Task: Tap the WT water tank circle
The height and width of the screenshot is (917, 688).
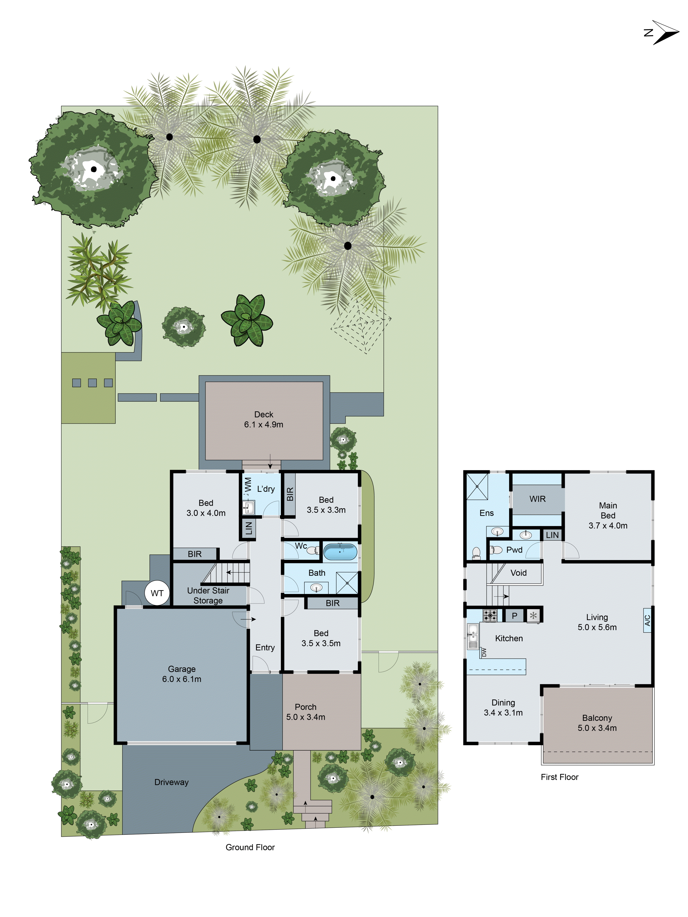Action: point(157,593)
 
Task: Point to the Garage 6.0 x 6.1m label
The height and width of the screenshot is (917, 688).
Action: point(182,674)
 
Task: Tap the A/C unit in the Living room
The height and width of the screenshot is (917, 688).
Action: point(647,620)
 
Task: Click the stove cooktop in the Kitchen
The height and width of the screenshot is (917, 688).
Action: point(490,616)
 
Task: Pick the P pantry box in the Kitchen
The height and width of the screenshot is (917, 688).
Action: point(514,616)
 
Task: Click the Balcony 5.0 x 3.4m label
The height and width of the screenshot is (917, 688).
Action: point(597,723)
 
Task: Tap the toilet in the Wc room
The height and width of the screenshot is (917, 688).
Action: point(313,550)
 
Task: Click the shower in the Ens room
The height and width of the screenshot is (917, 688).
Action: point(477,487)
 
